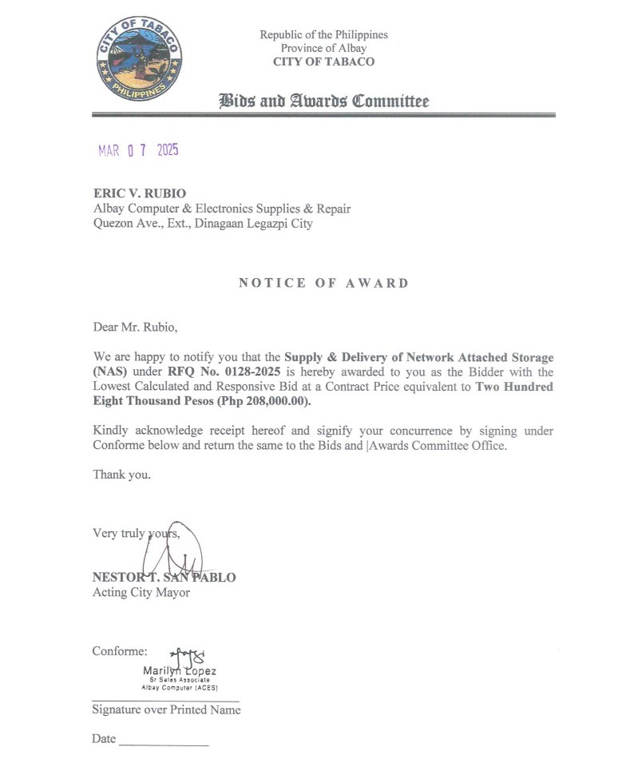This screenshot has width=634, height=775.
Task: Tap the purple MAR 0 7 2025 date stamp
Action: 138,151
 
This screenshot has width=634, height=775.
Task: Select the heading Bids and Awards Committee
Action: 323,101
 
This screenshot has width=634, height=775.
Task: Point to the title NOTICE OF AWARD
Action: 323,283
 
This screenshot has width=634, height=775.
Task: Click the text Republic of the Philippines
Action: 323,35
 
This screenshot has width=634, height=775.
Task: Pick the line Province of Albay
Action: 323,49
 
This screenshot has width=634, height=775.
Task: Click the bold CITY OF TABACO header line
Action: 323,62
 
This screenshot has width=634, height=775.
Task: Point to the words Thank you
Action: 121,475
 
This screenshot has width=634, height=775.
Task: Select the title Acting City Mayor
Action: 141,593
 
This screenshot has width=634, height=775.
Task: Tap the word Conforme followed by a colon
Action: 120,651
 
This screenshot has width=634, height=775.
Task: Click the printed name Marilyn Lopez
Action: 180,671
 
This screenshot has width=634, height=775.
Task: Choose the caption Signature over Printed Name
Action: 166,709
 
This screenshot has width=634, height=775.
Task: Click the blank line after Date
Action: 164,743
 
